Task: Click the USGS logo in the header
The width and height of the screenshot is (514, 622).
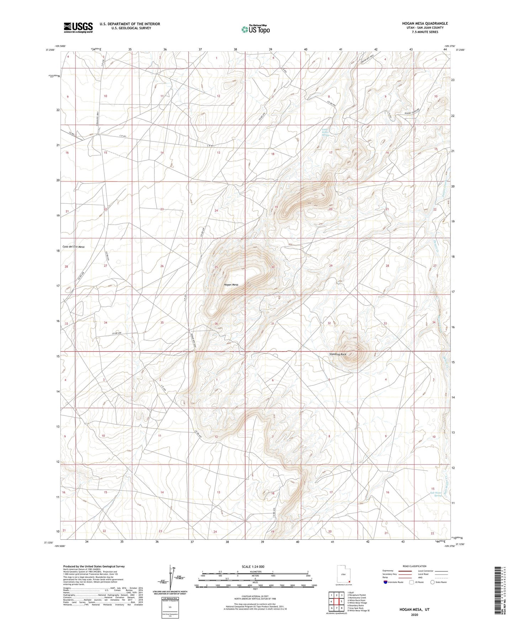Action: (x=78, y=27)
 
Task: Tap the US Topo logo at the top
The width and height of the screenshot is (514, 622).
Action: (x=255, y=29)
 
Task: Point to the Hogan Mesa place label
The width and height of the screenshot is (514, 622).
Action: (x=231, y=285)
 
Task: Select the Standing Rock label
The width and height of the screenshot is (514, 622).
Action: (x=338, y=354)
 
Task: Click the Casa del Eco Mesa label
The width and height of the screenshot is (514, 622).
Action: (x=74, y=247)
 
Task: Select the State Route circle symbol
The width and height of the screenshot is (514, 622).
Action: (x=433, y=582)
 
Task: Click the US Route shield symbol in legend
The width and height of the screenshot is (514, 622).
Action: (x=412, y=582)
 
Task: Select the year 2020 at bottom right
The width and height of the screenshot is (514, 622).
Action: (x=414, y=615)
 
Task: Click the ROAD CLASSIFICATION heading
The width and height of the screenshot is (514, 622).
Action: (x=415, y=566)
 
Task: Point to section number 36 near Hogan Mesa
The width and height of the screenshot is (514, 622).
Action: (x=216, y=323)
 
